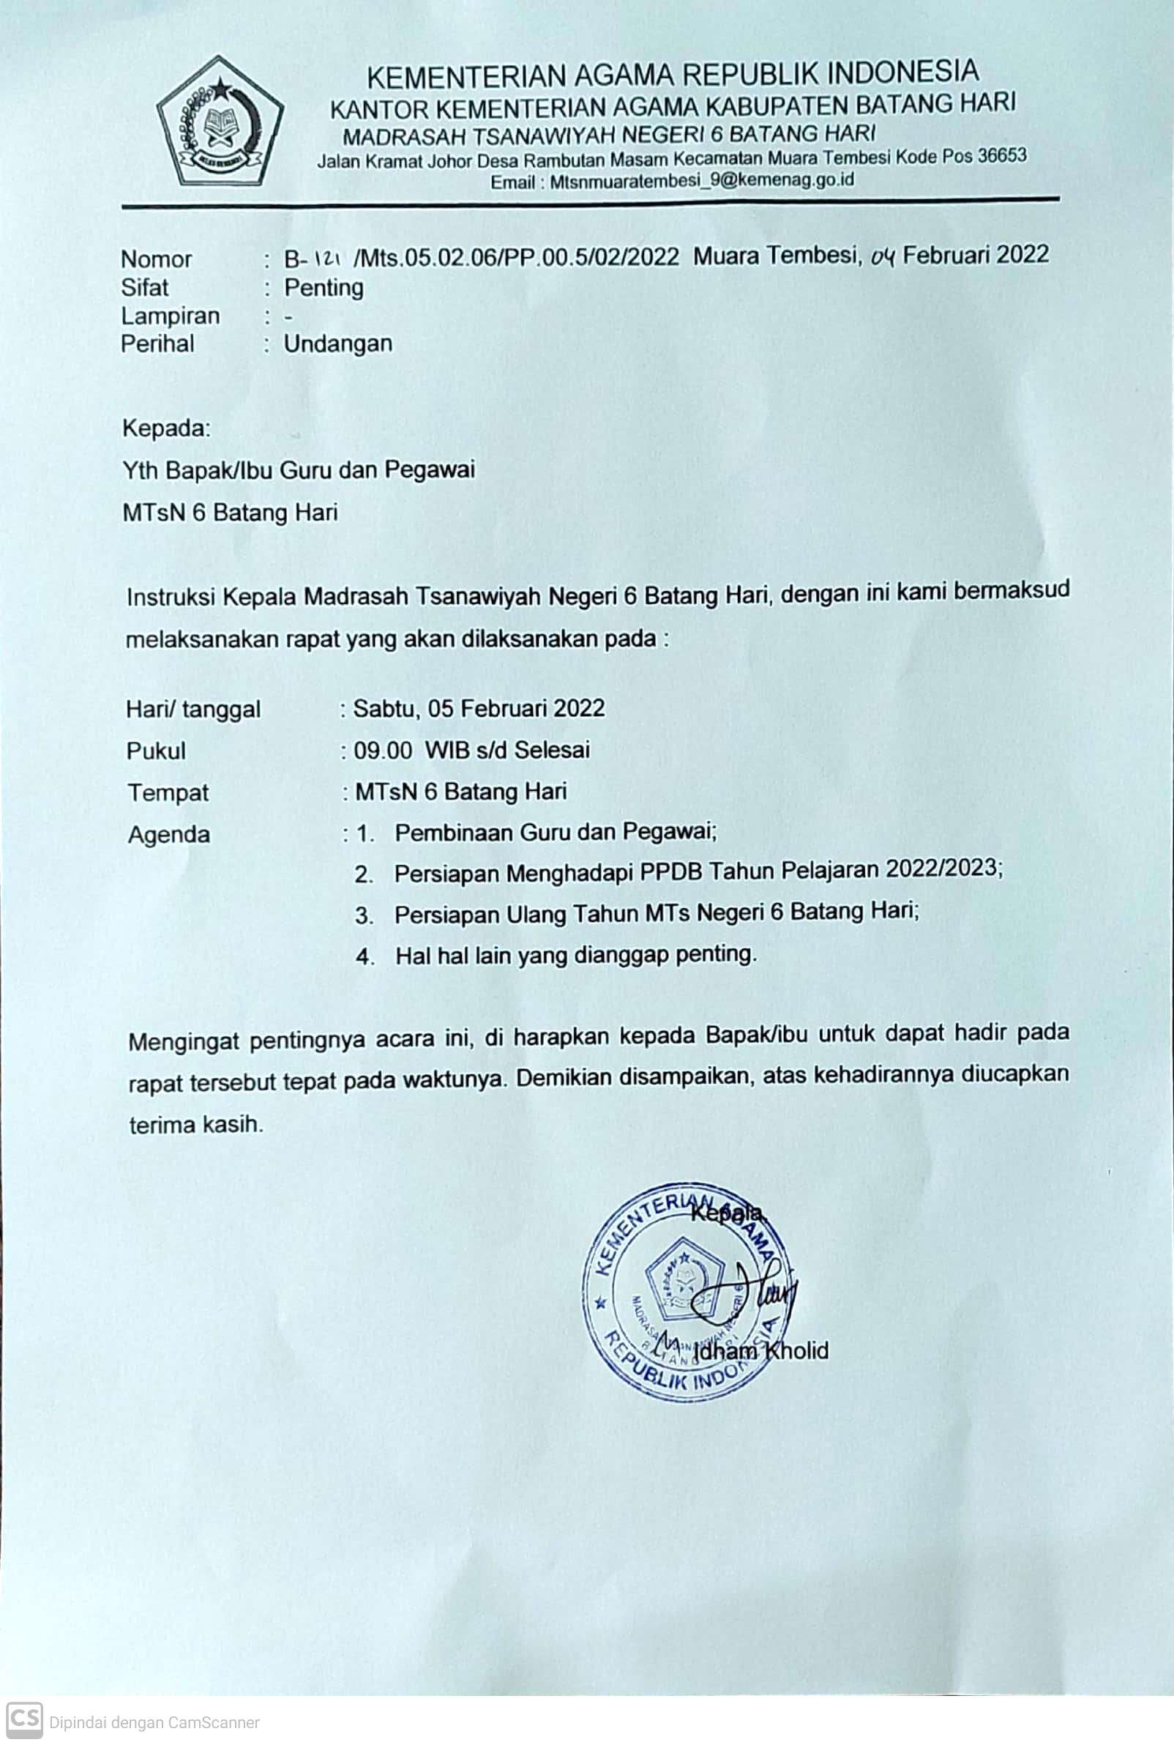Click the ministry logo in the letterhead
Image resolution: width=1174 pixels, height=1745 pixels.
pyautogui.click(x=220, y=122)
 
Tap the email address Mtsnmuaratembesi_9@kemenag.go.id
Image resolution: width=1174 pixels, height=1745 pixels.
pyautogui.click(x=702, y=180)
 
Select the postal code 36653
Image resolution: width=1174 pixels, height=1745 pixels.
pyautogui.click(x=1003, y=156)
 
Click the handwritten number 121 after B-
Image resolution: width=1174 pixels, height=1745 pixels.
pyautogui.click(x=324, y=258)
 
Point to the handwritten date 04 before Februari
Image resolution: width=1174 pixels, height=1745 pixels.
pyautogui.click(x=883, y=256)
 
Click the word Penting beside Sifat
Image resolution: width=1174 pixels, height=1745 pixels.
pyautogui.click(x=324, y=288)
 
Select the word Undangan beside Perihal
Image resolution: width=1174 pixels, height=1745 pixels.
pyautogui.click(x=337, y=343)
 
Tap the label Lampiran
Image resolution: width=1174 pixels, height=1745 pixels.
pyautogui.click(x=170, y=316)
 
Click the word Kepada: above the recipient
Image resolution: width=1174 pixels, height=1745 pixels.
pyautogui.click(x=166, y=428)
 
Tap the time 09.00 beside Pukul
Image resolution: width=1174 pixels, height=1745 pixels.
pyautogui.click(x=383, y=750)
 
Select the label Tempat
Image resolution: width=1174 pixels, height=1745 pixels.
pyautogui.click(x=168, y=792)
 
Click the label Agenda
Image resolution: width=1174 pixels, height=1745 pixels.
pyautogui.click(x=168, y=834)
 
